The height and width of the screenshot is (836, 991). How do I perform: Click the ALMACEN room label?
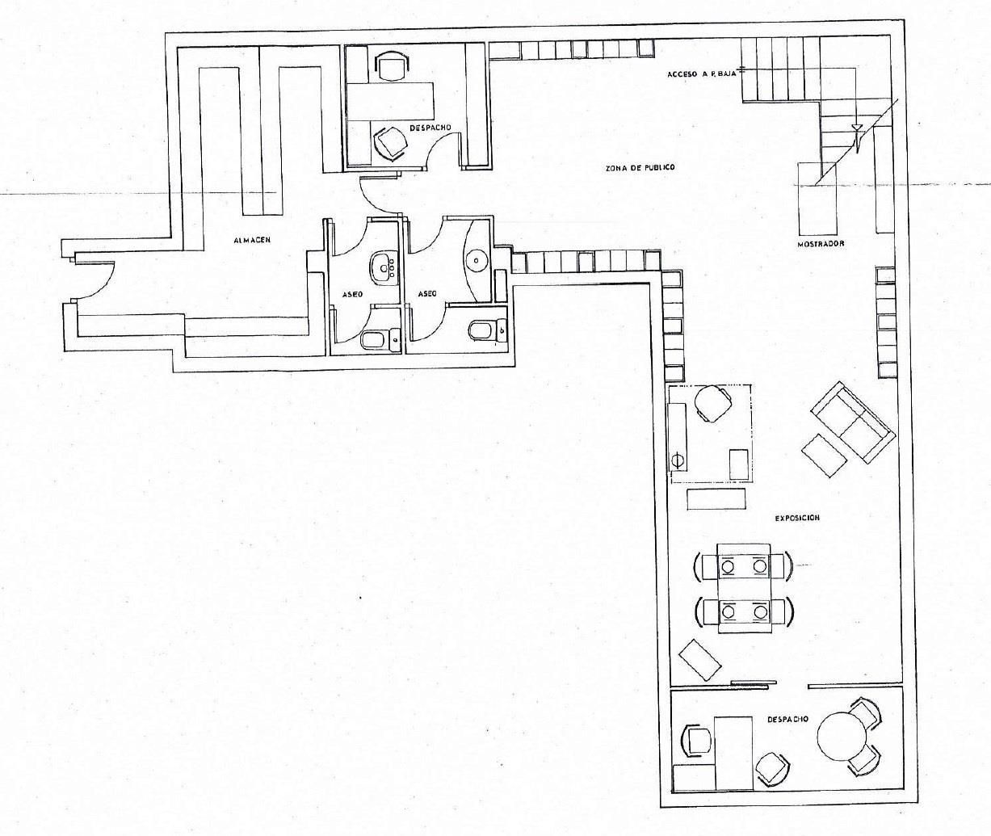(x=252, y=240)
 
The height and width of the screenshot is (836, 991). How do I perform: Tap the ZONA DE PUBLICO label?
(x=640, y=167)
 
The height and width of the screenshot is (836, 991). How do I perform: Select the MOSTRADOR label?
(x=821, y=244)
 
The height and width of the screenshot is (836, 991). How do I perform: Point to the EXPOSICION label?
(x=797, y=519)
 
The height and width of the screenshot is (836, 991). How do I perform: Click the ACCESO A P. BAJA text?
(x=702, y=74)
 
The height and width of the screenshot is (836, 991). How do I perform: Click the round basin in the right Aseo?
(x=477, y=262)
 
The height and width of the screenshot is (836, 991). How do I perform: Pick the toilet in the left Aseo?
(x=380, y=339)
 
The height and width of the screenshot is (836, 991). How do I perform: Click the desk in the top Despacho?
(x=390, y=101)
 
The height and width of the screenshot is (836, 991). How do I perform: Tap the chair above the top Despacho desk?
(x=392, y=65)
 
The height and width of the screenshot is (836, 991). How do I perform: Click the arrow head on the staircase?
(x=856, y=128)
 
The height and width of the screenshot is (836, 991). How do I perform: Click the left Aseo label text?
(x=353, y=294)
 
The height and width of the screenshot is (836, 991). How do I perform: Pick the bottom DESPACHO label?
(x=787, y=719)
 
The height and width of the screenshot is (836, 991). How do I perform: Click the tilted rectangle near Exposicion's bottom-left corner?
(x=700, y=659)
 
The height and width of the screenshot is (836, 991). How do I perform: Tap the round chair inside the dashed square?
(x=713, y=403)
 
